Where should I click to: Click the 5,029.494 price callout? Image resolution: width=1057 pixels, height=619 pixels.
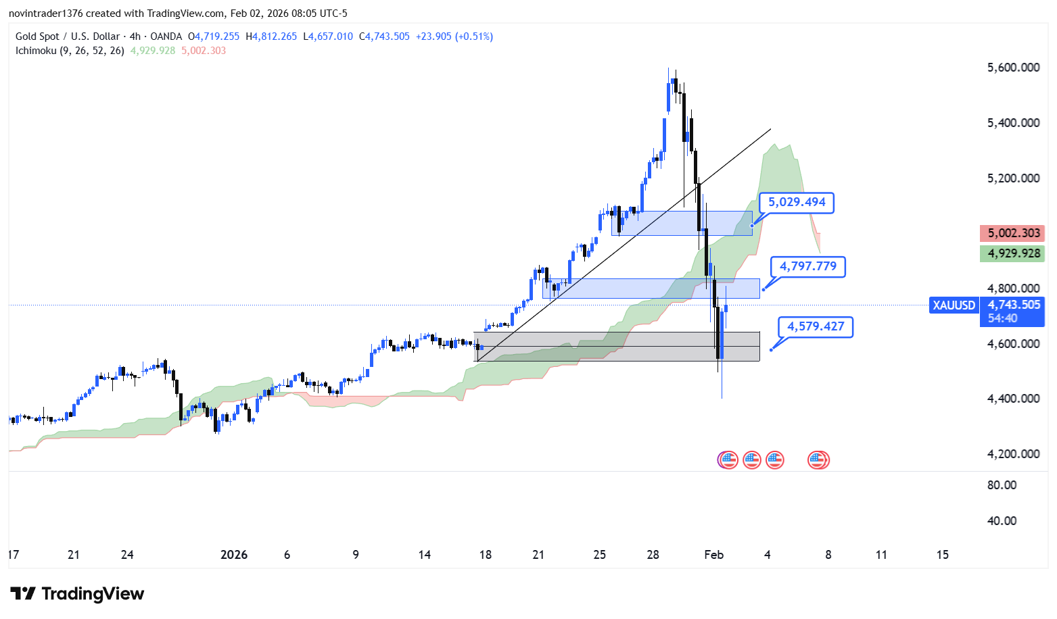coord(797,202)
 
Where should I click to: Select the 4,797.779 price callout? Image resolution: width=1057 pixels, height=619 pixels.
coord(808,266)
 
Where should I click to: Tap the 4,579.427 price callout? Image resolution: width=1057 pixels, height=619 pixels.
coord(816,326)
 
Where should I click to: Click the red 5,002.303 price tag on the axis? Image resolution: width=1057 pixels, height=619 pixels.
coord(1012,233)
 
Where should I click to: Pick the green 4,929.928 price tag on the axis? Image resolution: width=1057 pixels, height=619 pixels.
coord(1012,253)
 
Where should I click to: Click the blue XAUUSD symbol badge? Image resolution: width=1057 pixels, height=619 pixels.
coord(954,305)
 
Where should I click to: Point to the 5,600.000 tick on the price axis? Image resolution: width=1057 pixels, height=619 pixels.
coord(1013,68)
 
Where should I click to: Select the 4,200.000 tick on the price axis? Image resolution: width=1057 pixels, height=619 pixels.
coord(1013,454)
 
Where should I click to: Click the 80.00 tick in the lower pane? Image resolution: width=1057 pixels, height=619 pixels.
coord(1002,485)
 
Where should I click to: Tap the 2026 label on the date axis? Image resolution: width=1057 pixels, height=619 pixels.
coord(234,555)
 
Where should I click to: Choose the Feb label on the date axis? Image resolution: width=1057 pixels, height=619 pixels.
coord(713,555)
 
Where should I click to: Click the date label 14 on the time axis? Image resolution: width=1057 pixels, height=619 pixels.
coord(424,555)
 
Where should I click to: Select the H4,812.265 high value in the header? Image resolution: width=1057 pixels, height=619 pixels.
coord(271,36)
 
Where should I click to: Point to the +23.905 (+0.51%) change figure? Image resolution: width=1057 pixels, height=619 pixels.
coord(454,36)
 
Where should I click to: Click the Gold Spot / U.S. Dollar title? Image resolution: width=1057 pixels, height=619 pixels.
coord(68,36)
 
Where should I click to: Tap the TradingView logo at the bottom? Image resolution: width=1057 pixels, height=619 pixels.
coord(77,594)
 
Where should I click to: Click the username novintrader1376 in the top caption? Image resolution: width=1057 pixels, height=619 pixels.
coord(45,14)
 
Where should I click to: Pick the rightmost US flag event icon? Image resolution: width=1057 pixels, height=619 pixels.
coord(818,460)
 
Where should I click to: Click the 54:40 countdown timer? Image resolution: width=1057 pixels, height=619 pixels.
coord(1002,318)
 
